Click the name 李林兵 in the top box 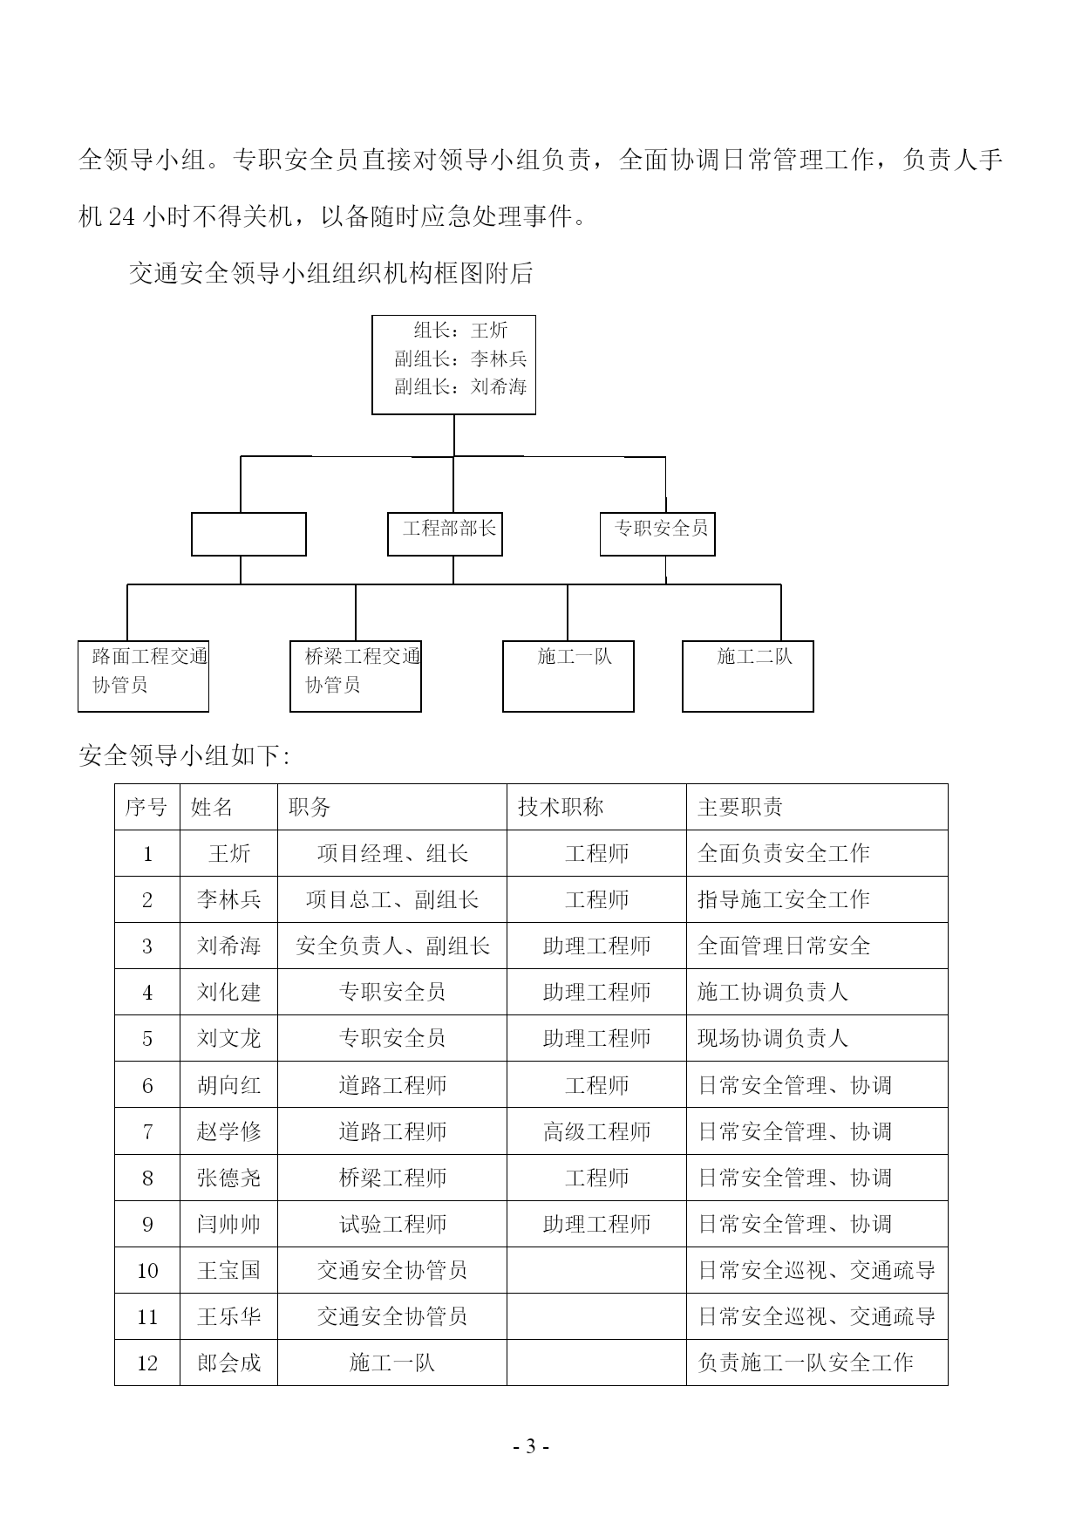click(x=499, y=359)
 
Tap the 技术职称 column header click(x=561, y=807)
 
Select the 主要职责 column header click(x=740, y=807)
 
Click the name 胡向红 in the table click(x=228, y=1085)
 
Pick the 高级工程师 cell click(x=596, y=1131)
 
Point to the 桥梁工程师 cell click(x=392, y=1178)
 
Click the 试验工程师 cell click(x=392, y=1224)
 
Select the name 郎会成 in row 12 click(x=228, y=1363)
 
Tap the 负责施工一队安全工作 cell click(x=805, y=1363)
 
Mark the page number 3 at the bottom click(x=530, y=1447)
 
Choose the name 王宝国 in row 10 click(x=228, y=1270)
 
